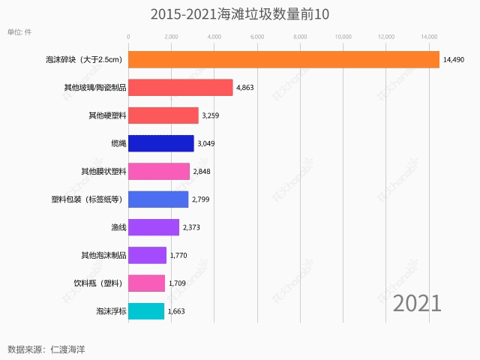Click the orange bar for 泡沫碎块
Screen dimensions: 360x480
[283, 59]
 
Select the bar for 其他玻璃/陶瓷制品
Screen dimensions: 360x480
[181, 88]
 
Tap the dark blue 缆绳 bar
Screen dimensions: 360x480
[161, 143]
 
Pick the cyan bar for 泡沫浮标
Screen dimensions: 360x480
[146, 310]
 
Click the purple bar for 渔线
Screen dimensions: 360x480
[154, 227]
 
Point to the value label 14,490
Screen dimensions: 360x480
[458, 60]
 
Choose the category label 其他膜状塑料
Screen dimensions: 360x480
[103, 172]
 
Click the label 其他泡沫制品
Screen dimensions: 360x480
[103, 255]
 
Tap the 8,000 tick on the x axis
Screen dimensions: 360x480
[300, 36]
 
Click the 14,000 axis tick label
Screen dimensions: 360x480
[429, 36]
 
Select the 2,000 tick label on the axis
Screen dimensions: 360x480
[171, 36]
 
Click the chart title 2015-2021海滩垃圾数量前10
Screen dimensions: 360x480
[240, 14]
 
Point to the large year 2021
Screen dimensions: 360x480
[417, 303]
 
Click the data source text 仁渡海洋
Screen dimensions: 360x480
[68, 349]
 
